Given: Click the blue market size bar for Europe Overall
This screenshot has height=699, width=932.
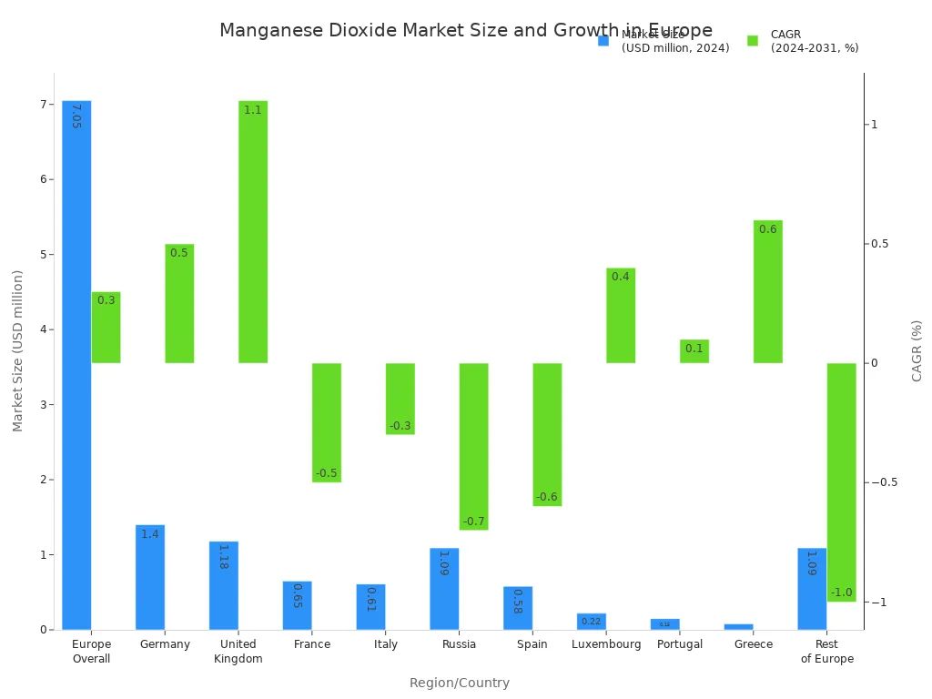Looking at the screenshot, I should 76,364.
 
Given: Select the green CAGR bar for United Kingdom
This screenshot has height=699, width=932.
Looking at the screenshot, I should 253,232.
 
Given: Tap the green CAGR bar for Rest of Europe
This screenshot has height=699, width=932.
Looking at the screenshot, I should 841,482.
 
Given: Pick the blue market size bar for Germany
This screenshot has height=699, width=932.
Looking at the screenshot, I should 150,577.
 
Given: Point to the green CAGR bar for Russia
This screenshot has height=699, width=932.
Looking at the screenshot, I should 473,446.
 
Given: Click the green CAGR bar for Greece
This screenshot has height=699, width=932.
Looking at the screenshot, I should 767,291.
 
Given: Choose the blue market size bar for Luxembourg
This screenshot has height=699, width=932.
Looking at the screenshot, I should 592,622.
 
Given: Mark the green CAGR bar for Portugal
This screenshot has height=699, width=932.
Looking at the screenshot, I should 694,351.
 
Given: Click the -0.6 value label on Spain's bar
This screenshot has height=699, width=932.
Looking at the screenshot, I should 546,497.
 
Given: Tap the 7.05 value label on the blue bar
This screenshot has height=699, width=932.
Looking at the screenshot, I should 76,116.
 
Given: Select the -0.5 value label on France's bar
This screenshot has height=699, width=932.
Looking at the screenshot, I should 326,473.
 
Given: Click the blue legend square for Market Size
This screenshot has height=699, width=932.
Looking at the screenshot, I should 603,41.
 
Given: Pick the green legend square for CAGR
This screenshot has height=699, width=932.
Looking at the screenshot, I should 753,41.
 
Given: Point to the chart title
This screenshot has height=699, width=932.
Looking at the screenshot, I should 466,31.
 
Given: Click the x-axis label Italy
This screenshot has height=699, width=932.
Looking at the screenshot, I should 386,644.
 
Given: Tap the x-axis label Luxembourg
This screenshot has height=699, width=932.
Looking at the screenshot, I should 606,644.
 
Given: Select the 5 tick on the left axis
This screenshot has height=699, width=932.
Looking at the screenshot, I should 42,255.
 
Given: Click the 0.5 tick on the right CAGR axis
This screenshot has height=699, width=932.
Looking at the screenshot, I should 879,244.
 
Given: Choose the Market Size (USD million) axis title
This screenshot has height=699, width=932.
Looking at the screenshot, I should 18,350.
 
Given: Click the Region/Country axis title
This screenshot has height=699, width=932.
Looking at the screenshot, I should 459,683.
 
